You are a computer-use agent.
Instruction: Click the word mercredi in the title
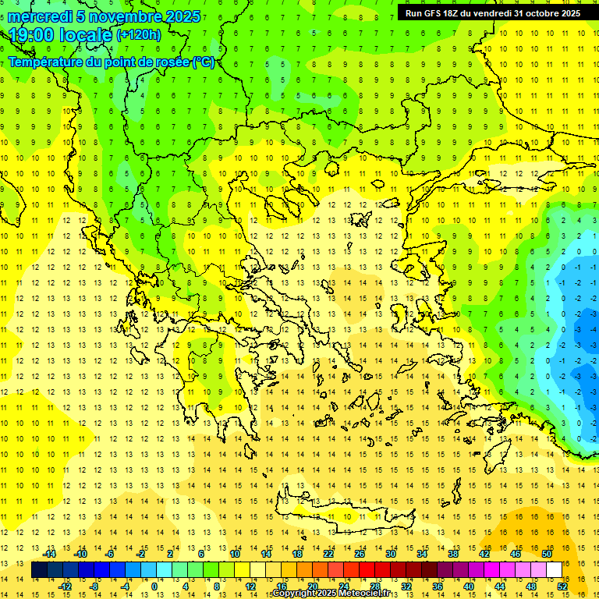click(41, 16)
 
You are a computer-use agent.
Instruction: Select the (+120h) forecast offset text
click(139, 34)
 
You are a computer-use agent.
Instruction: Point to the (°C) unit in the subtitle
click(203, 62)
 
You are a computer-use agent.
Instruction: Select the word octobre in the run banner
click(532, 13)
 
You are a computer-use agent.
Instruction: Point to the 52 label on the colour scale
click(562, 586)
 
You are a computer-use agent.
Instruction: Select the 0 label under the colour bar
click(154, 586)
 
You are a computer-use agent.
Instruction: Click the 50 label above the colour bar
click(547, 554)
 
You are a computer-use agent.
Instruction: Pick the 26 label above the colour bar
click(360, 554)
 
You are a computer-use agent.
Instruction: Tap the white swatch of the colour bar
click(555, 570)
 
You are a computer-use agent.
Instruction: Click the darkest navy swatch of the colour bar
click(39, 570)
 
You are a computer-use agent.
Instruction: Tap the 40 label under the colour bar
click(468, 586)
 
